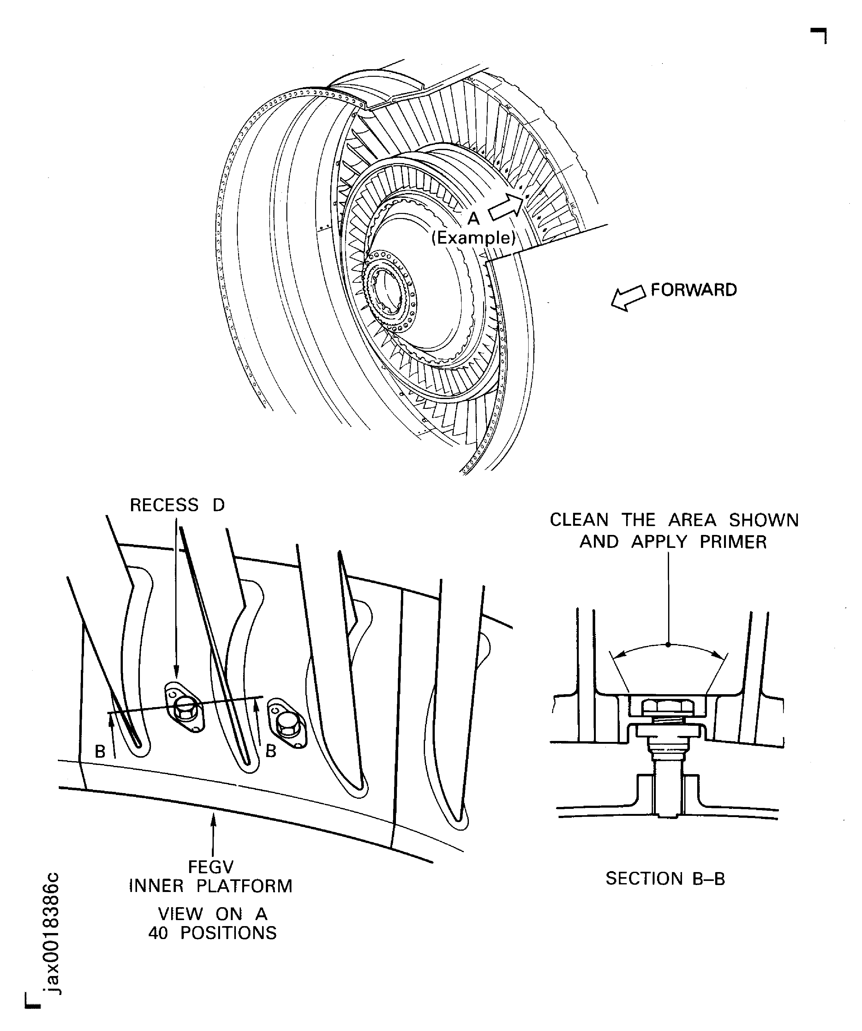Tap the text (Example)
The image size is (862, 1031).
coord(473,238)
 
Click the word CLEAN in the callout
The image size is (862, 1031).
coord(579,520)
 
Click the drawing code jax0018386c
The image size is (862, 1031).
coord(51,933)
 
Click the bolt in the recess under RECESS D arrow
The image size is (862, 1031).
coord(185,708)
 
